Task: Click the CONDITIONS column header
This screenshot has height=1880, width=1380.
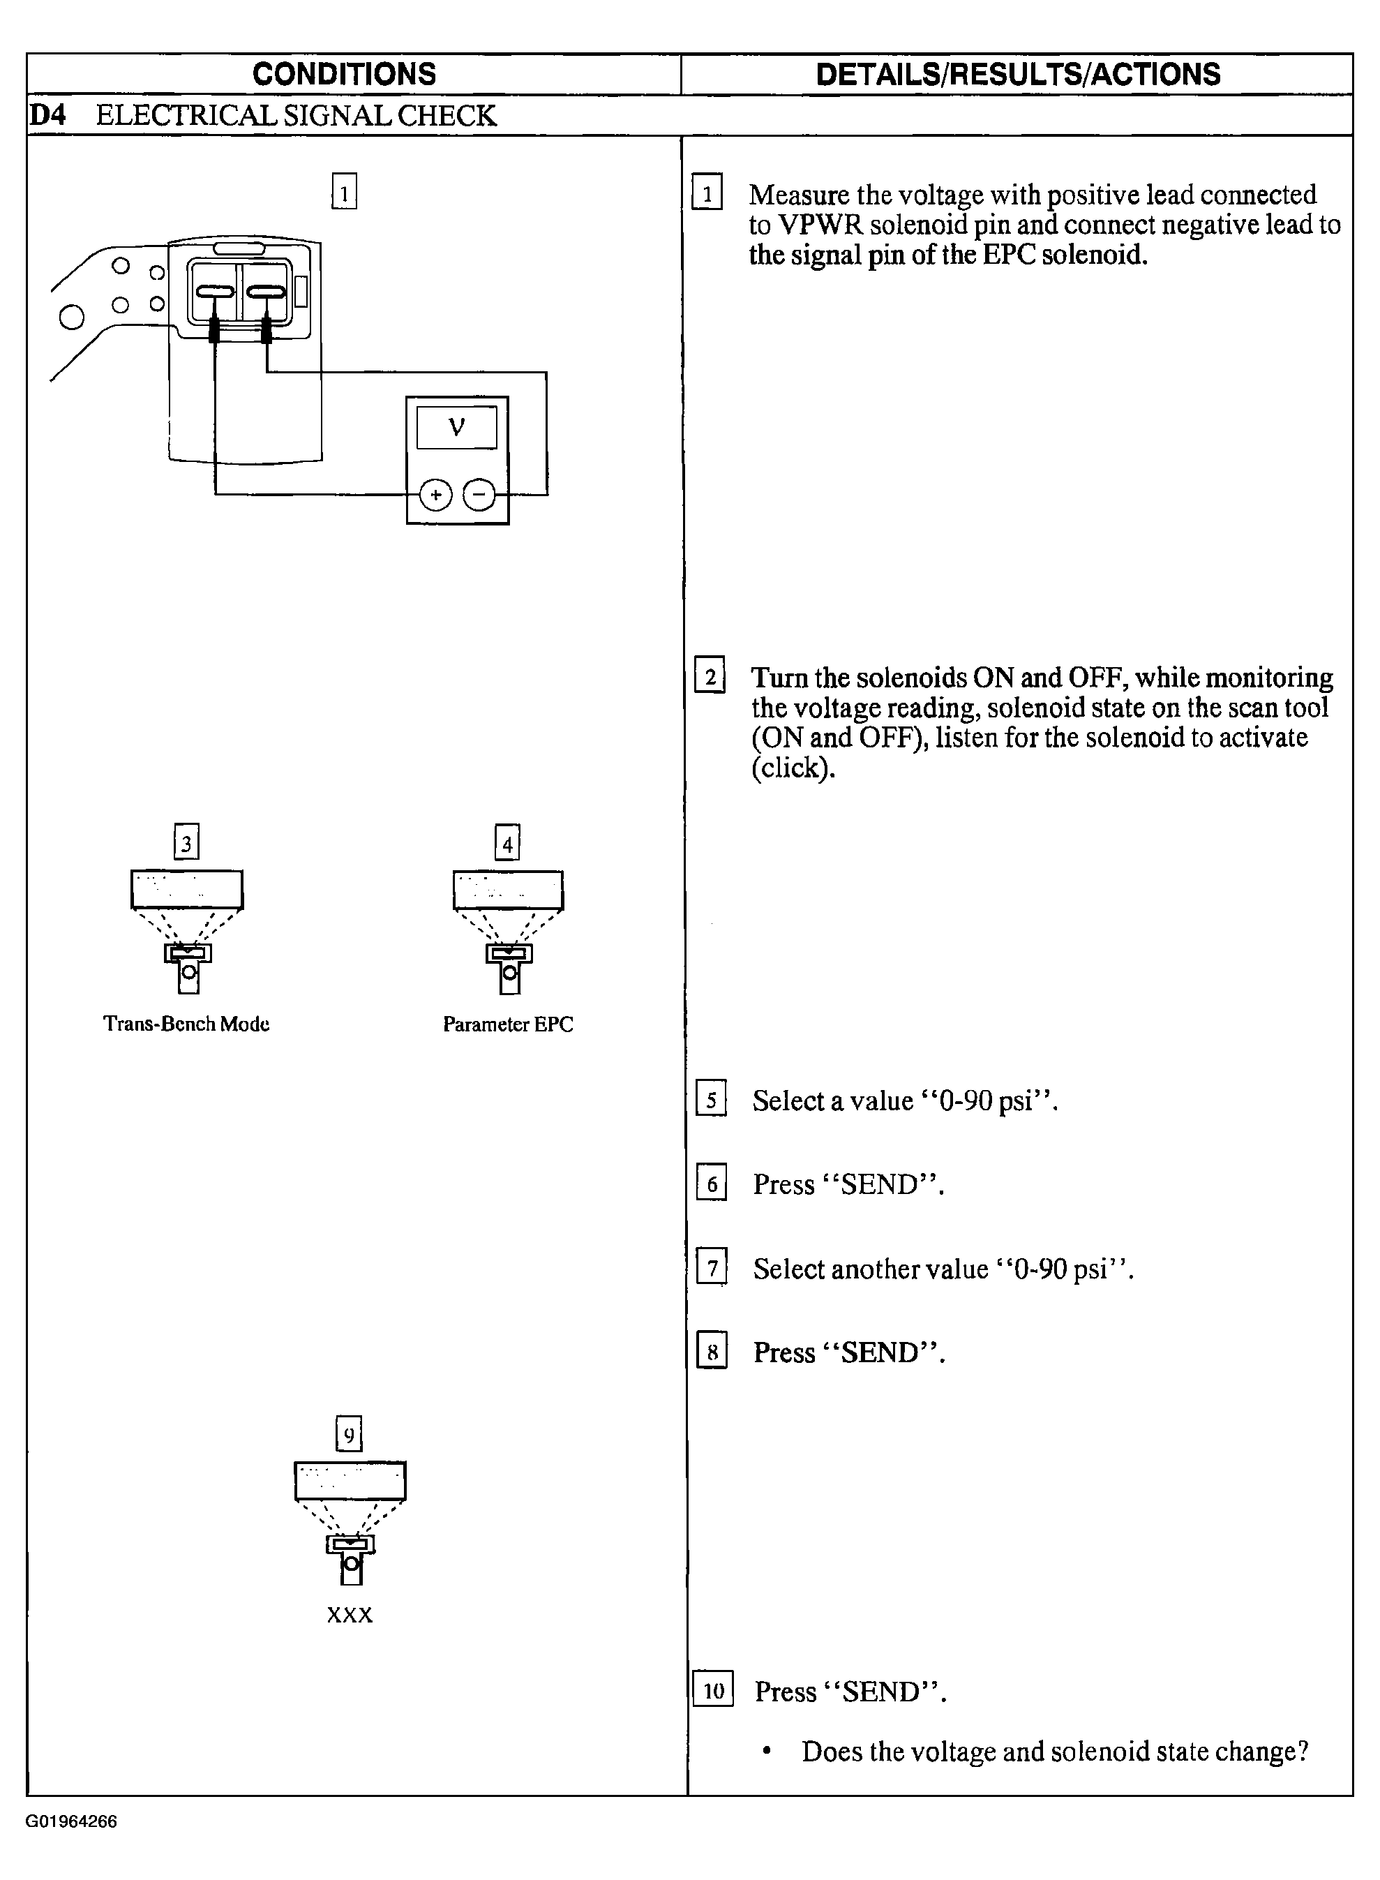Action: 344,75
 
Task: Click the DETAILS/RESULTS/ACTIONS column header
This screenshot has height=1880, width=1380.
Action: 1017,75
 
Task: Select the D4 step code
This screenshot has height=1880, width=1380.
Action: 47,115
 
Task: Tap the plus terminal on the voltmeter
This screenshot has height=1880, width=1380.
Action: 435,495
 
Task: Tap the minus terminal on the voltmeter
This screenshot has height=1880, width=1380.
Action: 479,495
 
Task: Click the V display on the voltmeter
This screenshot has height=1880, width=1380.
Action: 456,427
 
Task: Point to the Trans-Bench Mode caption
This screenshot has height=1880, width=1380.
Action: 186,1024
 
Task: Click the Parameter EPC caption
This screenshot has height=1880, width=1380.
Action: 508,1024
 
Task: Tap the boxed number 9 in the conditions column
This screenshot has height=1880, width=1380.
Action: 349,1435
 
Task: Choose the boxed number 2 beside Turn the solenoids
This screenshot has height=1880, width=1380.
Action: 710,676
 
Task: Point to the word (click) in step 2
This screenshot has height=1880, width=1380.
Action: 793,767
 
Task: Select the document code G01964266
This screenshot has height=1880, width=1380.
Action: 71,1822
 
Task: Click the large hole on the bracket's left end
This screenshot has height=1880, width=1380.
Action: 72,318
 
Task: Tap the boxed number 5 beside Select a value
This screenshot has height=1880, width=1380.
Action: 711,1100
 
